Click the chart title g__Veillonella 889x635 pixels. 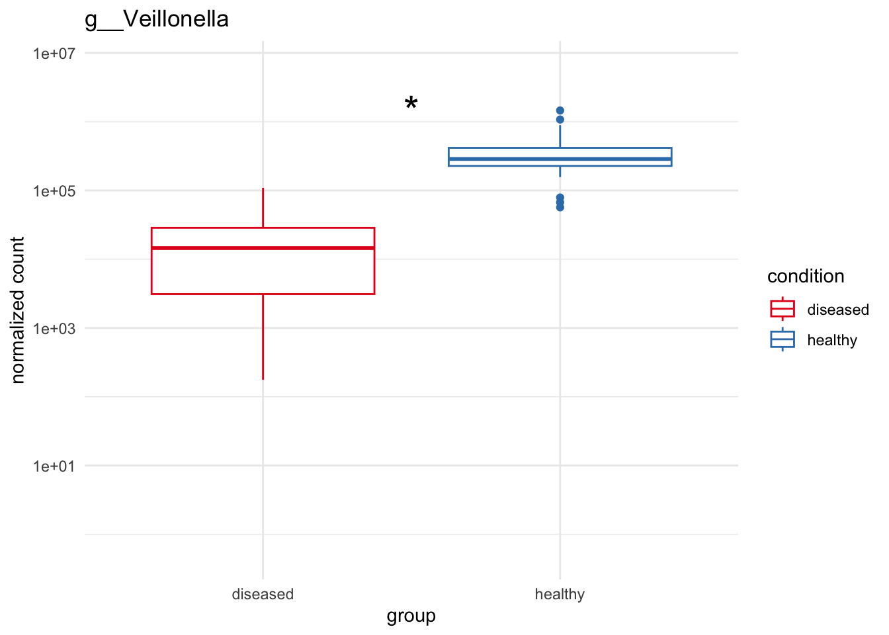pos(157,19)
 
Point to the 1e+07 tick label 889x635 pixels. pos(54,53)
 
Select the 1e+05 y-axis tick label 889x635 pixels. pos(54,191)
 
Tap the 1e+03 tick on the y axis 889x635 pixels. pos(54,329)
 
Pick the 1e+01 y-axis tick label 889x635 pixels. pos(54,466)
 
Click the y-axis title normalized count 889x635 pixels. pos(18,310)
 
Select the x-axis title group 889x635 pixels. pos(411,616)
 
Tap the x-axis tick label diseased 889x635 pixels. pos(263,594)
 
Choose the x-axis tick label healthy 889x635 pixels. pos(560,594)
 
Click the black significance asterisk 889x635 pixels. pos(411,104)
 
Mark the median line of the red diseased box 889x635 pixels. pos(263,248)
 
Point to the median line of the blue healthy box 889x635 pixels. pos(560,159)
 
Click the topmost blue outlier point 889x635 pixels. pos(560,110)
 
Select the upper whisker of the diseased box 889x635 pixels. pos(263,208)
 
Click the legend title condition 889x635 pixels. pos(806,276)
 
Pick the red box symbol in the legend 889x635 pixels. pos(783,309)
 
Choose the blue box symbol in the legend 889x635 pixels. pos(783,339)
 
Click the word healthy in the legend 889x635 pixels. pos(832,340)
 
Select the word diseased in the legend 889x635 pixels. pos(838,310)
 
